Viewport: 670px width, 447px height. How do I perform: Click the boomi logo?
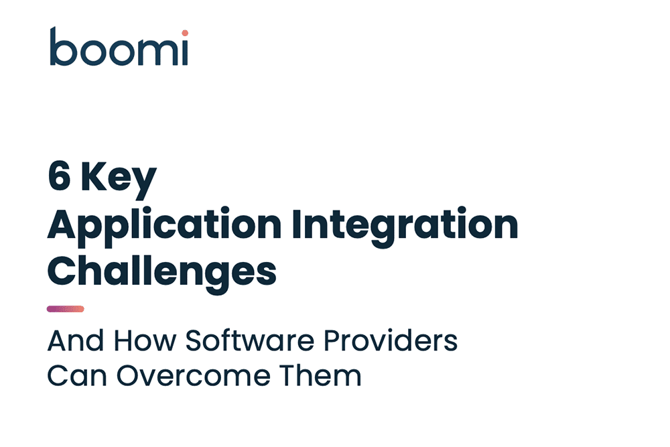pyautogui.click(x=119, y=46)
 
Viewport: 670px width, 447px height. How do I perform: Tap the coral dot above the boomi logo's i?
pyautogui.click(x=185, y=33)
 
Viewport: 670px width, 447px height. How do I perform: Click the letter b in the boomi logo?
pyautogui.click(x=63, y=46)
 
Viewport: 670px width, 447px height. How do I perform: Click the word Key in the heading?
pyautogui.click(x=119, y=179)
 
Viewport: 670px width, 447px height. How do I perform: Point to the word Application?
pyautogui.click(x=165, y=227)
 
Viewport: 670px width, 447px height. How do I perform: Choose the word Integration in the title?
pyautogui.click(x=405, y=227)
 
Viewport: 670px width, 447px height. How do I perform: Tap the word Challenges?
pyautogui.click(x=162, y=273)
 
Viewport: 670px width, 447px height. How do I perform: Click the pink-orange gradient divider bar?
pyautogui.click(x=66, y=309)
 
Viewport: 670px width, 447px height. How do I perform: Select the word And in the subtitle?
pyautogui.click(x=76, y=340)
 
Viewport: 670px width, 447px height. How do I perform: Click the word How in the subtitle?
pyautogui.click(x=145, y=340)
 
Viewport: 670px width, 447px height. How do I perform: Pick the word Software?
pyautogui.click(x=249, y=340)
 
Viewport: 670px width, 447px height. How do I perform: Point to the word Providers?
pyautogui.click(x=391, y=340)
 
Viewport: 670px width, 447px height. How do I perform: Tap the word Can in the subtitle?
pyautogui.click(x=77, y=376)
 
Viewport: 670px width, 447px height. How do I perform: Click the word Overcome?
pyautogui.click(x=193, y=376)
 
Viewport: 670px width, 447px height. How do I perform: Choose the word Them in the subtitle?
pyautogui.click(x=320, y=376)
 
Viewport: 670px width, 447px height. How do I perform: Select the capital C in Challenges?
pyautogui.click(x=61, y=271)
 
